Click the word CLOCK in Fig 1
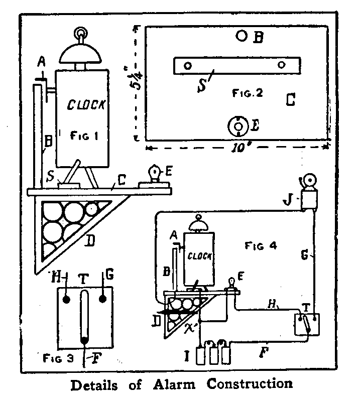87,105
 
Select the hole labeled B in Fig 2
242,36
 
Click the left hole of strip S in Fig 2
188,66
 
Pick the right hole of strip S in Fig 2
282,64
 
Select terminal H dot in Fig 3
66,300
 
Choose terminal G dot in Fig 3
103,299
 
